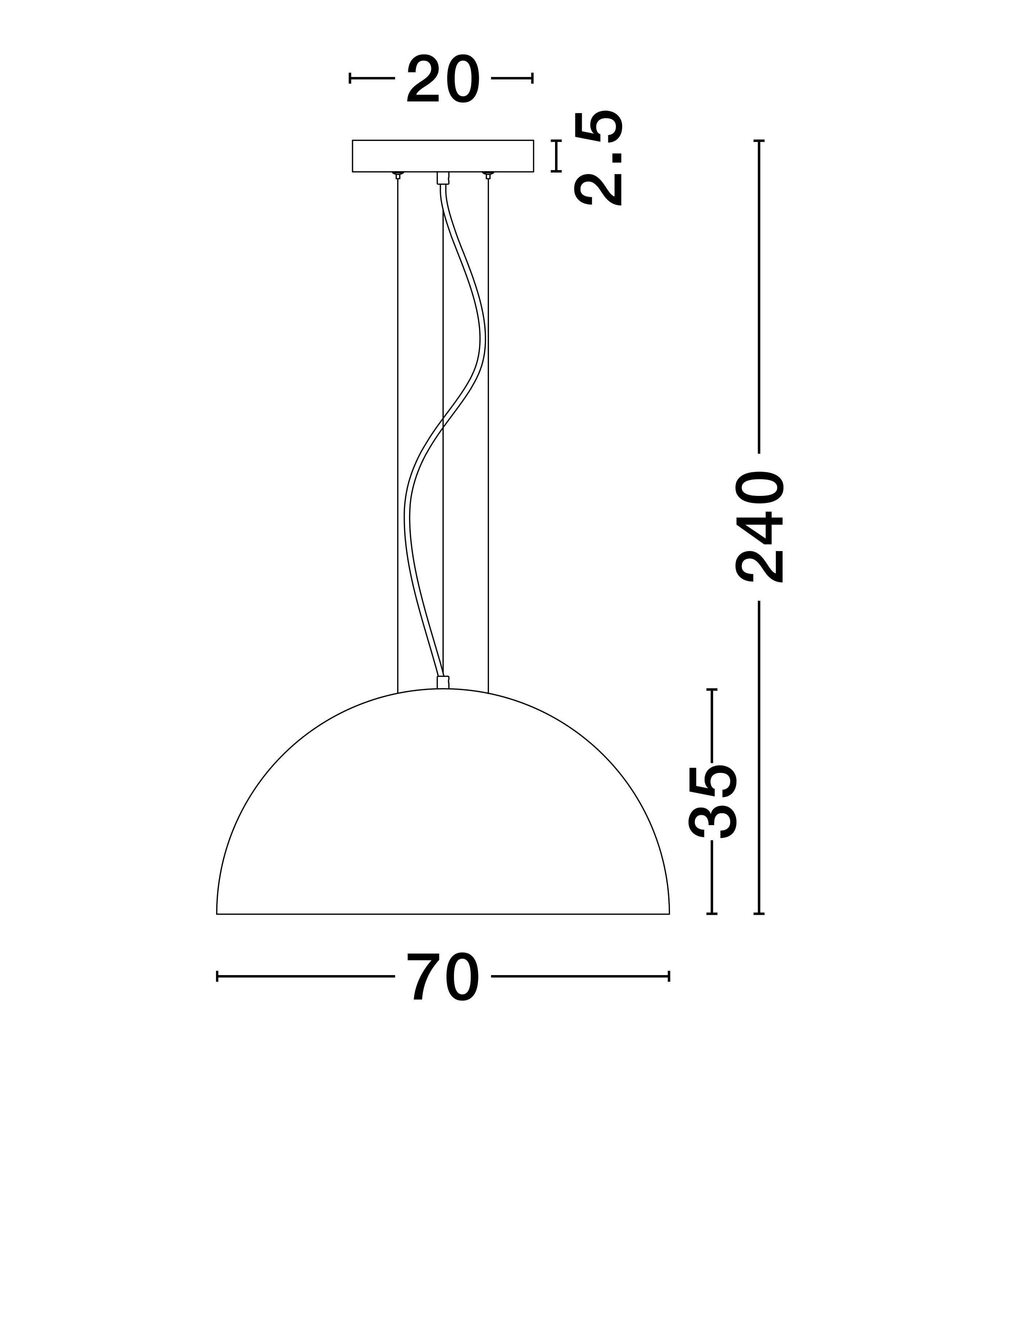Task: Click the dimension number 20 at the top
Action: [x=443, y=80]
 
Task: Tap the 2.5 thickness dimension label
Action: [x=598, y=159]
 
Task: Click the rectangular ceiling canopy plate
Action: [x=443, y=156]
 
